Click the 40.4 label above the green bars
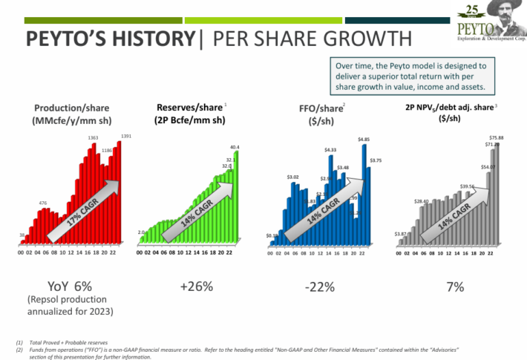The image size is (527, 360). coord(235,147)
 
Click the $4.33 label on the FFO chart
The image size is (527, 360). coord(331,151)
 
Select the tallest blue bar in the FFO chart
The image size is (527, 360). coord(364,193)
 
